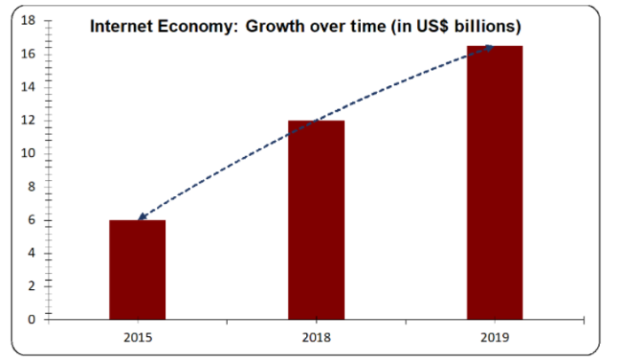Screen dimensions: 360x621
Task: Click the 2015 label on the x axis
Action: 138,337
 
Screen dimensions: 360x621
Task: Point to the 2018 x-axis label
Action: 316,337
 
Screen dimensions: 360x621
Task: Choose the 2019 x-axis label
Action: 495,337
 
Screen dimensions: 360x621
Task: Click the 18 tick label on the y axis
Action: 27,20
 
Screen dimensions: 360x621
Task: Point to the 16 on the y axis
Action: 27,54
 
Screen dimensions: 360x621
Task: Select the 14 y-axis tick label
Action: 27,87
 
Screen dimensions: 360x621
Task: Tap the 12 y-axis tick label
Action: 27,121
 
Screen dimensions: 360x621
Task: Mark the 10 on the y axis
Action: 27,153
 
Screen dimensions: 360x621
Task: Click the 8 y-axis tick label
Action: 30,186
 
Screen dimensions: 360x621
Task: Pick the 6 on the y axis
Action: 30,220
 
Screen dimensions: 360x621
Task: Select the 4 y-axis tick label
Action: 30,253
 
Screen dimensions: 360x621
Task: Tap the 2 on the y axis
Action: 30,286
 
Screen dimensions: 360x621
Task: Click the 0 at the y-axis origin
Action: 30,319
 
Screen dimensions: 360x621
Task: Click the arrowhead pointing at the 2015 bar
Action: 142,216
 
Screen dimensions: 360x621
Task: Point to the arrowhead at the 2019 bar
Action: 489,49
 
